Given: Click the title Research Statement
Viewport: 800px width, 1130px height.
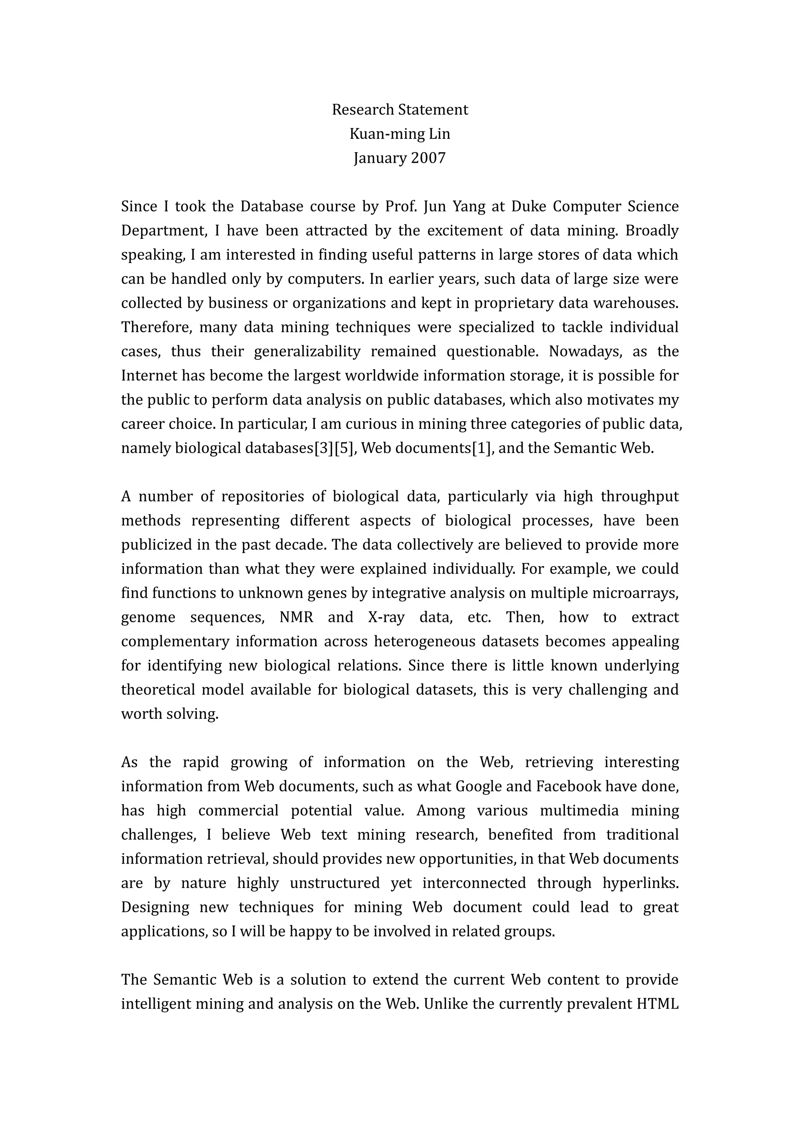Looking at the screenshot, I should pyautogui.click(x=400, y=109).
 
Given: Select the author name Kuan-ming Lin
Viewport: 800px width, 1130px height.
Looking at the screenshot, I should pyautogui.click(x=400, y=133).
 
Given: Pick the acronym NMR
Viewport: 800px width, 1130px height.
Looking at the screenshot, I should pyautogui.click(x=296, y=617).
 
